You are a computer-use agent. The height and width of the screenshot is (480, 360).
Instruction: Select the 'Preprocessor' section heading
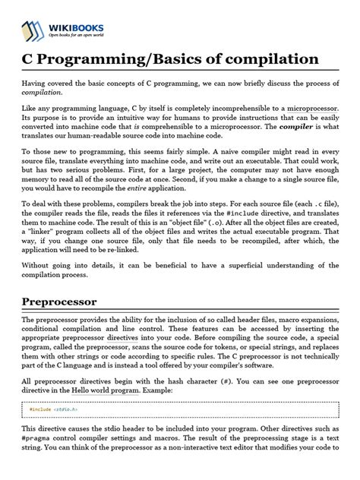[x=65, y=302]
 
